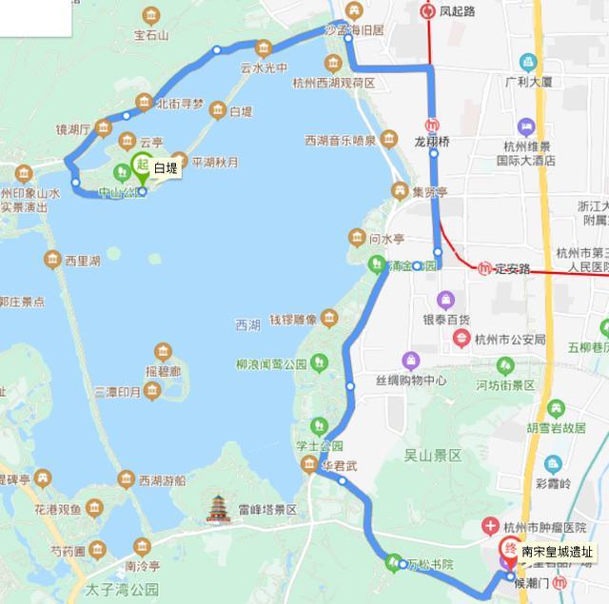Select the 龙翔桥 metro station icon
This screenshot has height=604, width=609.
click(x=433, y=124)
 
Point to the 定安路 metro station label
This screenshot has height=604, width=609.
click(x=511, y=269)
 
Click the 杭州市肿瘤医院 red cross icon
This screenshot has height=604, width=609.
click(x=489, y=526)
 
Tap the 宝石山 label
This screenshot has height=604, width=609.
click(x=151, y=36)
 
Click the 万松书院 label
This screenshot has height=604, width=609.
click(x=431, y=565)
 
